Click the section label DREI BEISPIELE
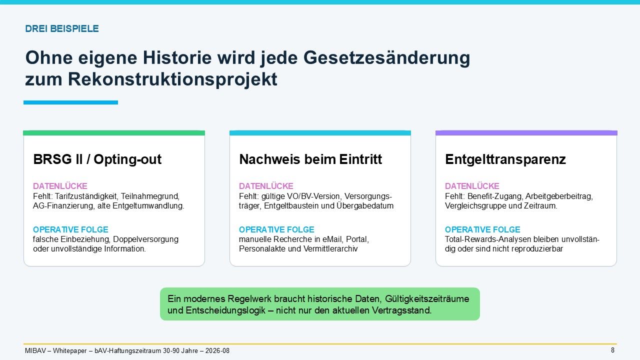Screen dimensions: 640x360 tap(62, 28)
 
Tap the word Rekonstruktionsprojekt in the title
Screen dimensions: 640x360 tap(172, 79)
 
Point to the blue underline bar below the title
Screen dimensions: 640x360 tap(70, 102)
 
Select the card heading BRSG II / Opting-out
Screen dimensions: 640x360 tap(97, 159)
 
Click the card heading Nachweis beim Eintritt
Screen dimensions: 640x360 tap(310, 159)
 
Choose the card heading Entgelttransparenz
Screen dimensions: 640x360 tap(505, 159)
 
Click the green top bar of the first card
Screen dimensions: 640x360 tap(114, 133)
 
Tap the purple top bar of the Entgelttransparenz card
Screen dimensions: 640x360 tap(526, 133)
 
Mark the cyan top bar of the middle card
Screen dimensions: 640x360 tap(320, 133)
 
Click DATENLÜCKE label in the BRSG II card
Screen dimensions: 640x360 tap(60, 186)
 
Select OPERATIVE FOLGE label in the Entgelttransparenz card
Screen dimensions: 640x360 tap(482, 229)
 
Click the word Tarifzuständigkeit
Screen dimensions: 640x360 tap(86, 196)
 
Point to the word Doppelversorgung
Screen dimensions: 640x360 tap(145, 239)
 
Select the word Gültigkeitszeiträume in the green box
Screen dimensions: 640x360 tap(427, 299)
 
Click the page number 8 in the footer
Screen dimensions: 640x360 tap(612, 350)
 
